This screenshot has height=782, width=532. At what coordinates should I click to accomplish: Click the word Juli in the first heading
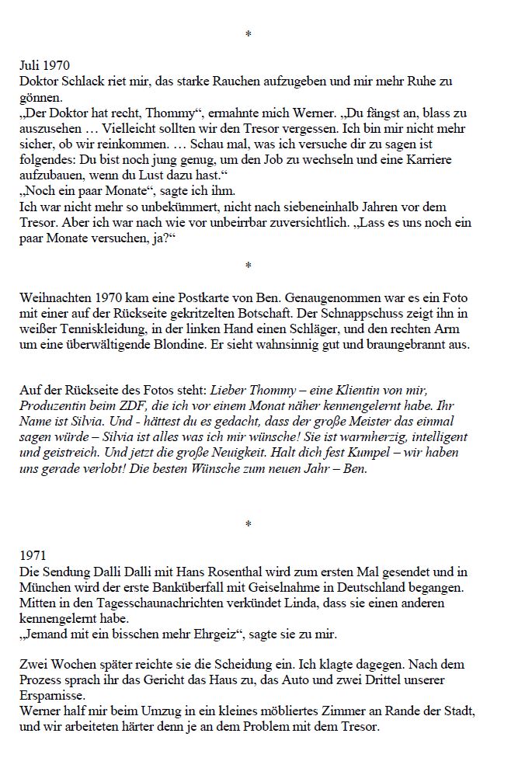(30, 66)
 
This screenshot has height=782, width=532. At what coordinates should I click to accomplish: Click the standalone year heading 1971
(33, 556)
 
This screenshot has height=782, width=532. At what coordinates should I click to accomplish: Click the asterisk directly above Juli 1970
(248, 36)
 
